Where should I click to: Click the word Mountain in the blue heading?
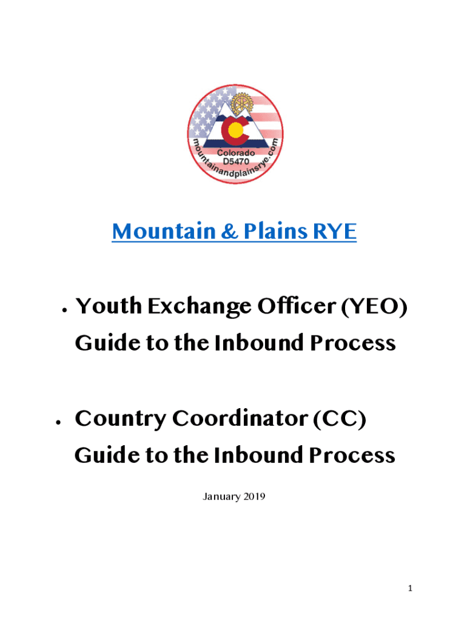[x=164, y=231]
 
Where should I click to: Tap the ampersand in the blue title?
[x=230, y=231]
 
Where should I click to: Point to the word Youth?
[x=109, y=306]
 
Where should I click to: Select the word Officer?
[x=297, y=306]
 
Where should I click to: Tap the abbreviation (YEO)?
[x=374, y=306]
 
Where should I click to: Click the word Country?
[x=121, y=419]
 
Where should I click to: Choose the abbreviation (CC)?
[x=340, y=419]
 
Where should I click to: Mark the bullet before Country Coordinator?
[x=58, y=423]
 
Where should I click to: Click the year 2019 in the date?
[x=254, y=497]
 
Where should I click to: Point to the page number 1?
[x=410, y=588]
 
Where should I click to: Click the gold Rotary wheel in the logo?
[x=241, y=104]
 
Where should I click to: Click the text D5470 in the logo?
[x=236, y=161]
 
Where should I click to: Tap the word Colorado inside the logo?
[x=236, y=153]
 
